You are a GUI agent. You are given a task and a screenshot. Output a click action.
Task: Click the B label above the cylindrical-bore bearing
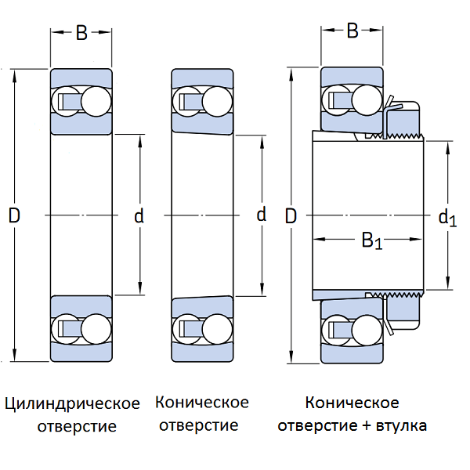pos(81,33)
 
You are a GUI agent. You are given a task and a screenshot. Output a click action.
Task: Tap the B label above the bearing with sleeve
pos(352,31)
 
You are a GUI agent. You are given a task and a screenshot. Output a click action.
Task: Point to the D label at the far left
pos(14,215)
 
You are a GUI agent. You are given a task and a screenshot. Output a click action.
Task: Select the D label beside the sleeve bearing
pos(291,216)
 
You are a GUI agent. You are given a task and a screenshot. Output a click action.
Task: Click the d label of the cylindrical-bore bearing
pos(139,216)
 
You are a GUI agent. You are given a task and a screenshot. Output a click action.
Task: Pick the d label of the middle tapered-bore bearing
pos(262,214)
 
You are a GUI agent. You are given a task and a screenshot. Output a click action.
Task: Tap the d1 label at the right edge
pos(447,218)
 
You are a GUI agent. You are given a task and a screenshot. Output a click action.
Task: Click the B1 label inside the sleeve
pos(372,240)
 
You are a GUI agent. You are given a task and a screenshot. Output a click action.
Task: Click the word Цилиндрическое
pos(72,403)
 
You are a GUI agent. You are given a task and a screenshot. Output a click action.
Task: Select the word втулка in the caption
pos(401,425)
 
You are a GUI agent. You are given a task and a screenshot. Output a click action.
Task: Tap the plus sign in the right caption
pos(367,425)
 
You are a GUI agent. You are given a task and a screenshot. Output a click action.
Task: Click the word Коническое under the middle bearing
pos(202,403)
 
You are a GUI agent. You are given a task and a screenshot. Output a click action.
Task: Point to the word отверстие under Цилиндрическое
pos(77,426)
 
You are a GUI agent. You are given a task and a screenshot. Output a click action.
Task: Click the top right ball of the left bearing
pos(96,102)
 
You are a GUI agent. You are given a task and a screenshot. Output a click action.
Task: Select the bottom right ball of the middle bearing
pos(217,329)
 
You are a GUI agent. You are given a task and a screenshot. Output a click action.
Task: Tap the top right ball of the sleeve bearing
pos(367,100)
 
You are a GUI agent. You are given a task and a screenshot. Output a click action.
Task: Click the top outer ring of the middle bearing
pos(202,78)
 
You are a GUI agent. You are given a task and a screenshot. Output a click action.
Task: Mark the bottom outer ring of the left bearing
pos(81,352)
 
